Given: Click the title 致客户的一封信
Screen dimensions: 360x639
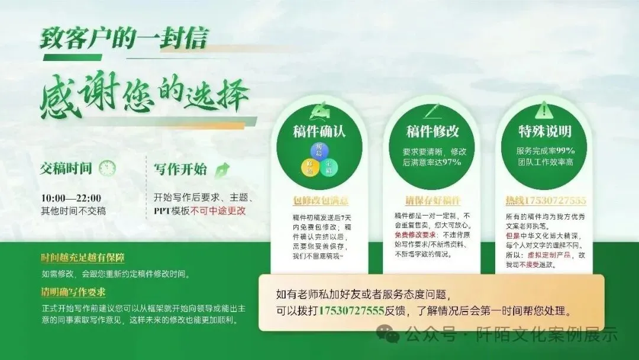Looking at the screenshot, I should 124,38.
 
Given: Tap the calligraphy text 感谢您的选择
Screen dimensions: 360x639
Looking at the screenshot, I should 145,98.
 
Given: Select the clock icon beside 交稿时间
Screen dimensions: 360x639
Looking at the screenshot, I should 107,168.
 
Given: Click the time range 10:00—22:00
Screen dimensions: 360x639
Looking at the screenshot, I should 71,198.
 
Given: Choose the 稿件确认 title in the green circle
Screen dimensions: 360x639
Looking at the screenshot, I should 319,131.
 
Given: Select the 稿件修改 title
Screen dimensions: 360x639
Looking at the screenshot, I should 432,131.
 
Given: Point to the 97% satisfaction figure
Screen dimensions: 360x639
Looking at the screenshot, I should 451,162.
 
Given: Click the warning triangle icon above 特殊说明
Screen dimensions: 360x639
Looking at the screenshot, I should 543,110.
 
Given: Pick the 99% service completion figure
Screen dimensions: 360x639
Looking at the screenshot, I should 564,150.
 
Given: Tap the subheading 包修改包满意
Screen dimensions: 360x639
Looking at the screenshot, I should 320,201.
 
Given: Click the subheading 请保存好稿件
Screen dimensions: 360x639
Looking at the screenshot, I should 433,201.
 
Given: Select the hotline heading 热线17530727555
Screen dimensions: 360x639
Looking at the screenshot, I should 545,201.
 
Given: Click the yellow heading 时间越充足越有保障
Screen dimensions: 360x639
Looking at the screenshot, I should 83,259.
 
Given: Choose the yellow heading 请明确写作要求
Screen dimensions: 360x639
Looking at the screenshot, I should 73,292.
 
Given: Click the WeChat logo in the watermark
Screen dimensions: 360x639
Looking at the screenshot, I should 391,335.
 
